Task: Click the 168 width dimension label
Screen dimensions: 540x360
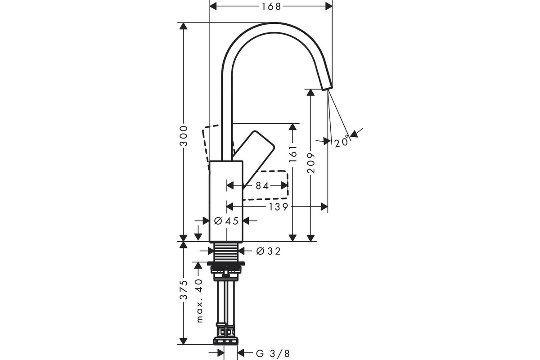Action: pos(271,6)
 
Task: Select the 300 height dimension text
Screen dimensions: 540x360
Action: pos(184,136)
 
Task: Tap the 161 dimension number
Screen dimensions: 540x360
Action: pos(292,154)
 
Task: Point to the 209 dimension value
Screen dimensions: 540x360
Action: pos(311,163)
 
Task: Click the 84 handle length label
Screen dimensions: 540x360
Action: pos(262,186)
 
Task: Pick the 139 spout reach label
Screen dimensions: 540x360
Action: pos(279,207)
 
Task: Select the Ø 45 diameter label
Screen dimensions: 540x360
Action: pos(226,220)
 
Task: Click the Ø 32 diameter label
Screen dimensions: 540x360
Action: pos(268,251)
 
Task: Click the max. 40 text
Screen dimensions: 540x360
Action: pos(200,301)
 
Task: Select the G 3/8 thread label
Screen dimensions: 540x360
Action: pos(273,354)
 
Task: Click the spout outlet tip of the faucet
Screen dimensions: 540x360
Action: pos(328,88)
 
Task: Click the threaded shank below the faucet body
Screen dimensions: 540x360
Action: pos(226,252)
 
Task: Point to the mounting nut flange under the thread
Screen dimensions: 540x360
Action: pos(226,264)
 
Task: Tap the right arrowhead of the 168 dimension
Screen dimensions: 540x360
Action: pos(329,6)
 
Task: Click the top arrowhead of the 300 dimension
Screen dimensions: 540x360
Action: pos(184,26)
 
